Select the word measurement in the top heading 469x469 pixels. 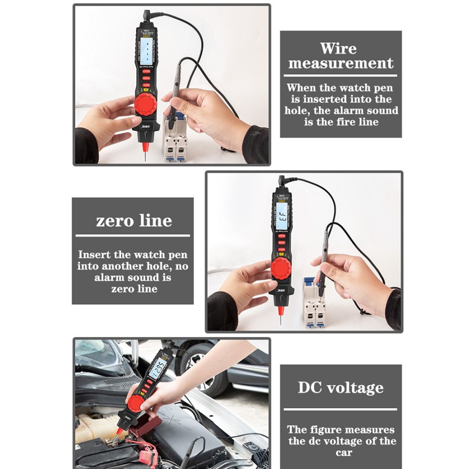(341, 64)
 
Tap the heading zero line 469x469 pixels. (134, 220)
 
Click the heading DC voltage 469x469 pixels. (340, 388)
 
